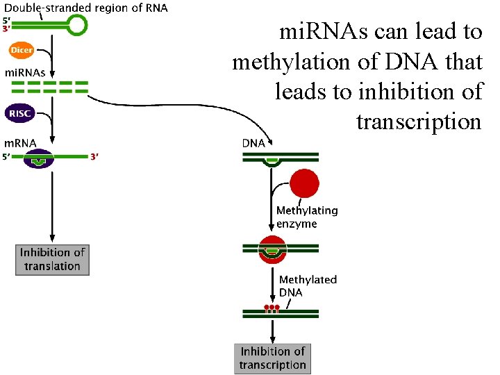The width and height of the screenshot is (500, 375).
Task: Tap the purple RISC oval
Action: (x=20, y=112)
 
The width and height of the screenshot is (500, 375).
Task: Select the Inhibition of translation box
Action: (x=53, y=260)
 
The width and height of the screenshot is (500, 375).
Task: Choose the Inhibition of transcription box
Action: (x=272, y=358)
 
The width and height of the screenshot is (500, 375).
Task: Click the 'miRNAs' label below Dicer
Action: (x=26, y=72)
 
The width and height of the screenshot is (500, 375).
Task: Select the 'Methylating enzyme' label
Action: (x=307, y=217)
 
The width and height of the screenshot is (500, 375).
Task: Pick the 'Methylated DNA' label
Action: (x=308, y=285)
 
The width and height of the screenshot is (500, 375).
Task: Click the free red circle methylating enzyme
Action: (x=304, y=184)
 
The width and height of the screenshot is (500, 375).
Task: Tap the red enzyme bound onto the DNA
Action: (x=272, y=249)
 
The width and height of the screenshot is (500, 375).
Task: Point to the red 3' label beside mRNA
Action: (x=94, y=157)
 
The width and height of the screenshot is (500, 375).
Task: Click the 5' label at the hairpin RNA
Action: (x=6, y=19)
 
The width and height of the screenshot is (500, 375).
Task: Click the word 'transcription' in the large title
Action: (x=419, y=122)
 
